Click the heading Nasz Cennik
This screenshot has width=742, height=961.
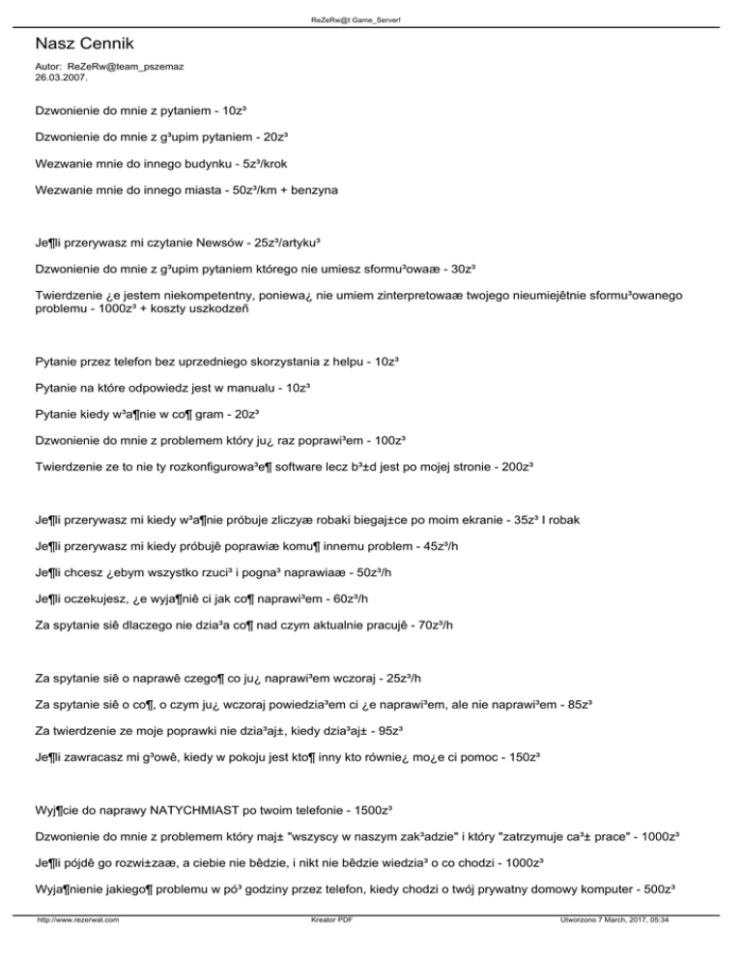coord(85,44)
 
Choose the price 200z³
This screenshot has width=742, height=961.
coord(515,465)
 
